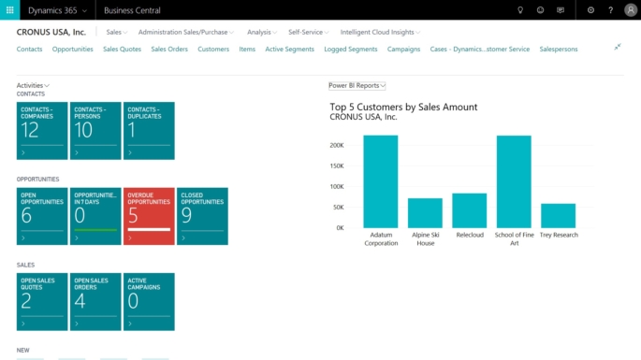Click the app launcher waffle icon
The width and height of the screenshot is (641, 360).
[9, 9]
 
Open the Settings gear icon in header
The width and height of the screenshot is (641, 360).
[590, 10]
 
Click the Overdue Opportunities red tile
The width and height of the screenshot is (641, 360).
[149, 216]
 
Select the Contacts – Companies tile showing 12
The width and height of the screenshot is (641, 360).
[42, 131]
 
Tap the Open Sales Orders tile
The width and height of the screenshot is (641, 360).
[95, 301]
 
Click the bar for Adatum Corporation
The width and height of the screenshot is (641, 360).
[381, 181]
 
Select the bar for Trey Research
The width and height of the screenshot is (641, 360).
[558, 215]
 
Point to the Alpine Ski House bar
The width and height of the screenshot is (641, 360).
[425, 212]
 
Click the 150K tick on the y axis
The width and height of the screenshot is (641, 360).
[337, 166]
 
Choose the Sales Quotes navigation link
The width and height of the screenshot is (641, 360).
[122, 49]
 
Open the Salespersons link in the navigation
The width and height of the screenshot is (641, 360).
[560, 49]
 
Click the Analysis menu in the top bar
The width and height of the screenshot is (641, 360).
[261, 32]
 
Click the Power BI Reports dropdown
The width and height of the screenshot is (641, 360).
[357, 85]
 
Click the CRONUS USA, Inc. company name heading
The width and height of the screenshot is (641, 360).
[51, 32]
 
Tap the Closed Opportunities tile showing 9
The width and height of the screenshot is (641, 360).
[202, 216]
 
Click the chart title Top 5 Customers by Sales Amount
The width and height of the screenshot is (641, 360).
[403, 107]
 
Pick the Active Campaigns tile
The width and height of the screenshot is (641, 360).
[149, 301]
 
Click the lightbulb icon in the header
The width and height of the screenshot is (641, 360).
[520, 10]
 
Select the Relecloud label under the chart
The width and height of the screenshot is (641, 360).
[470, 236]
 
